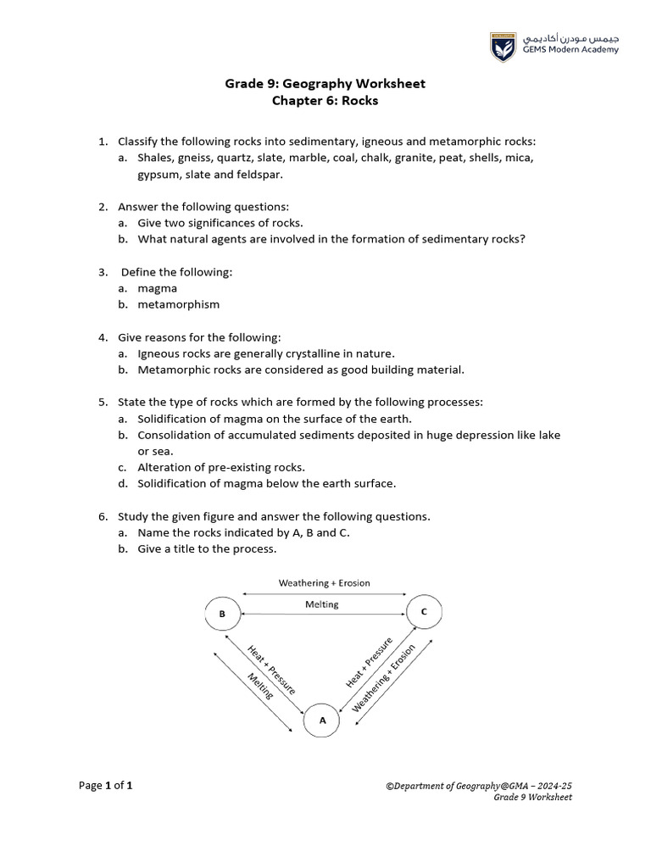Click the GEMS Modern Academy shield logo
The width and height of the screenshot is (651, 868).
point(503,46)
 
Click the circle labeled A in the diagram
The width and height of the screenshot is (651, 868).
point(321,721)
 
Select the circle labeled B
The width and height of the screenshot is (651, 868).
point(222,613)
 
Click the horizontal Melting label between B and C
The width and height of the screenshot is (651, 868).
point(321,604)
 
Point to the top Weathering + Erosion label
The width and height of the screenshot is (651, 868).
point(324,583)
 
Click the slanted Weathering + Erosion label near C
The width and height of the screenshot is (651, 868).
point(384,678)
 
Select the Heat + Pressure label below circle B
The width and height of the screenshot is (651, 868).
point(271,670)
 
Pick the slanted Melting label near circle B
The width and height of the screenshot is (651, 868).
point(260,686)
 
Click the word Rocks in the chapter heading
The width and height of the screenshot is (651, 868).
point(360,101)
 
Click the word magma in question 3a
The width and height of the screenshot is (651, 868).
point(158,288)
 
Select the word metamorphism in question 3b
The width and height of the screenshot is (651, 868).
point(179,304)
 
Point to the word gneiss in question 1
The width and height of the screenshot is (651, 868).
point(193,158)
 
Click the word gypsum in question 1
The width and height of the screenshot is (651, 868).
point(159,174)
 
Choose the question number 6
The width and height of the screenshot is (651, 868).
point(102,515)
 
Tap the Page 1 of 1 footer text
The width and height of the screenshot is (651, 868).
point(106,786)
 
